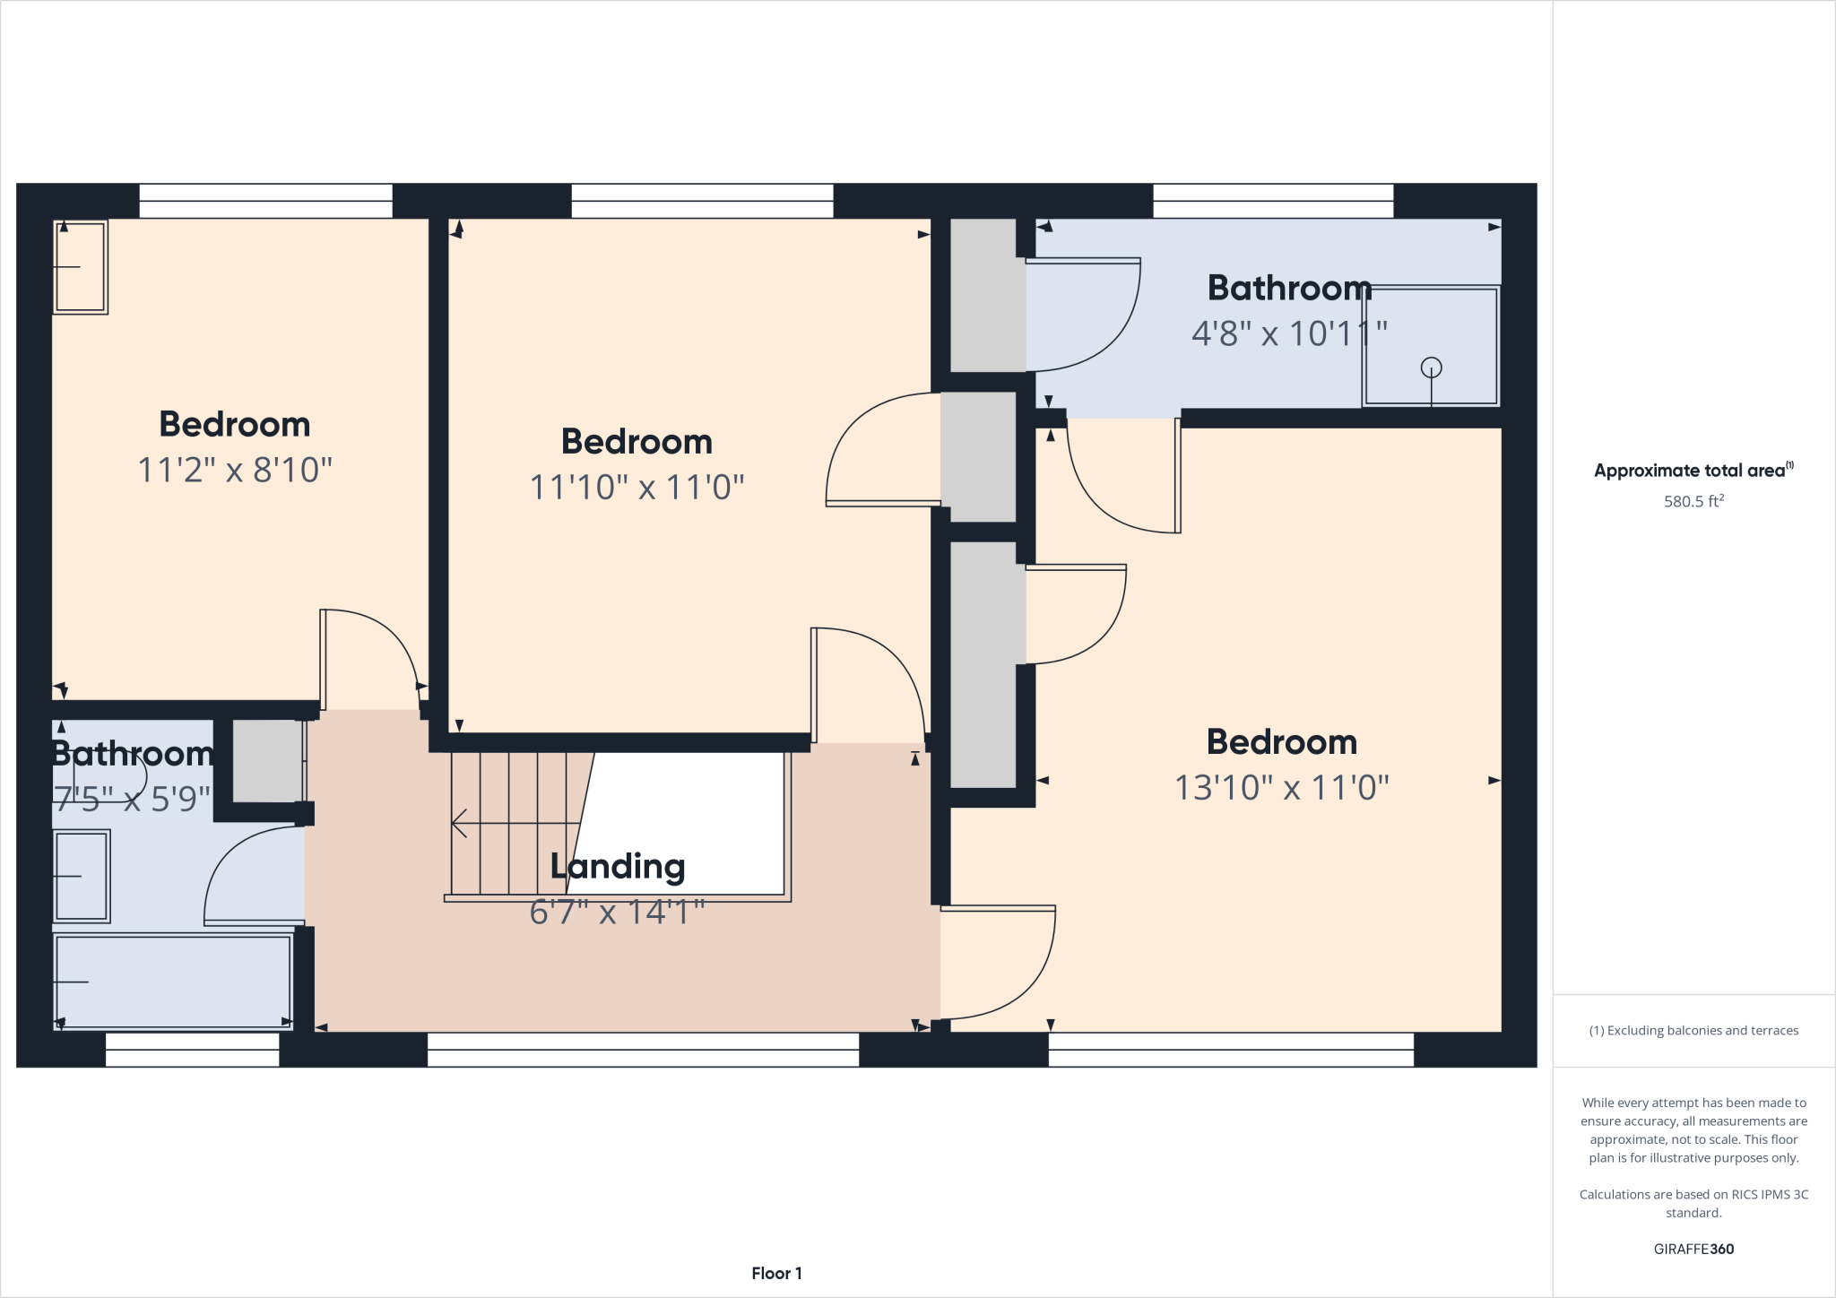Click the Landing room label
pos(618,867)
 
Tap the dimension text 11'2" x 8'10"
pos(235,470)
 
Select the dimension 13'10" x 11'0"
pos(1282,788)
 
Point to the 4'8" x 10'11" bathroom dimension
pos(1289,333)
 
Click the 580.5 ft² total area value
pos(1693,501)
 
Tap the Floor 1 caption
pos(776,1273)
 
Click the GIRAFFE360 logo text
pos(1693,1249)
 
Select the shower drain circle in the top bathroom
pos(1431,368)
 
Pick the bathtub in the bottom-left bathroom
pos(173,981)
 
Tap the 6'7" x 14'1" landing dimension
pos(618,913)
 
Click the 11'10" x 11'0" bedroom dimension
pos(637,488)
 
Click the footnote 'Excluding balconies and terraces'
pos(1693,1031)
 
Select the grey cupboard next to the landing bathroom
pos(268,761)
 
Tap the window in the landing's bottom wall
pos(643,1050)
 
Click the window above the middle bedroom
pos(702,201)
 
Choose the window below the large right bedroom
pos(1231,1050)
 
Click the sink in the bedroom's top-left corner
pos(81,266)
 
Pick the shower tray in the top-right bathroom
pos(1431,345)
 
